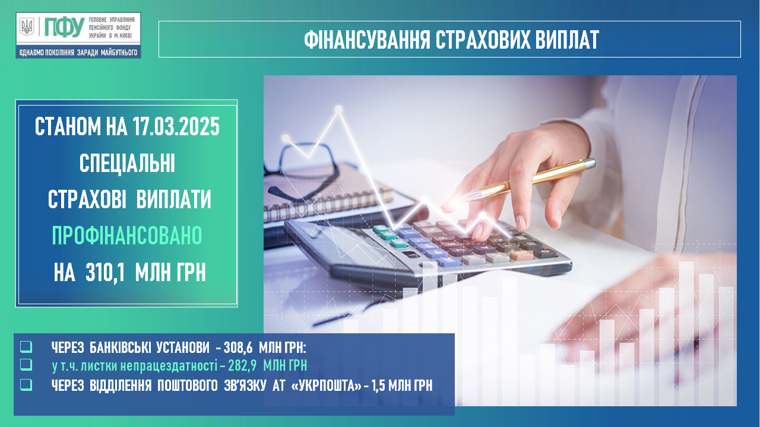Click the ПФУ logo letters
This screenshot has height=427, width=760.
click(65, 27)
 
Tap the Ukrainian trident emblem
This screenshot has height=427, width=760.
click(27, 27)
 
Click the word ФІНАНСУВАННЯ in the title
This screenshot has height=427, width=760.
click(367, 40)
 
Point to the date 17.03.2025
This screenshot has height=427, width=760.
click(176, 127)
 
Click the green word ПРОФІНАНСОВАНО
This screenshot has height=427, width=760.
click(127, 235)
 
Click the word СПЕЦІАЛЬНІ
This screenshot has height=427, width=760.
click(127, 163)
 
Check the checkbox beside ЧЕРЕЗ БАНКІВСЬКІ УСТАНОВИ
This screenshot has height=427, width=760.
click(26, 347)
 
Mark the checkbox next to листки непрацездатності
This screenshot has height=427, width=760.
click(26, 365)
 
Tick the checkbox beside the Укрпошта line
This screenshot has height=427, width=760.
click(26, 385)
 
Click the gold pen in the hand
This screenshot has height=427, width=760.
click(529, 180)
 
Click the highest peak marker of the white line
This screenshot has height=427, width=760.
click(338, 109)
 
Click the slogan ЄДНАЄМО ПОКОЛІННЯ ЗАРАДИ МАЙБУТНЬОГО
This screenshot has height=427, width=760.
click(78, 53)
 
